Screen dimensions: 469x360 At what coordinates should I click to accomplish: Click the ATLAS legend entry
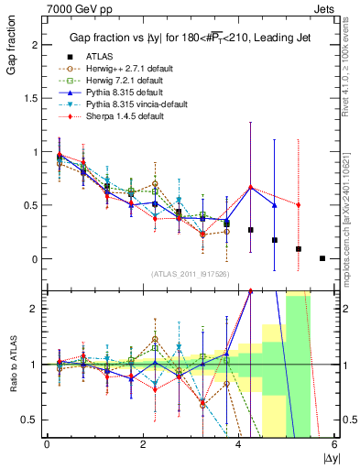point(101,55)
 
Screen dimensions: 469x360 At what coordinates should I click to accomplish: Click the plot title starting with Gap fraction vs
point(183,38)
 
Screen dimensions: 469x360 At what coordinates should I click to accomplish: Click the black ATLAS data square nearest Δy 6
point(322,258)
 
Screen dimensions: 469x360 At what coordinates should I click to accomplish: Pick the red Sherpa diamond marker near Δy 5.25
point(299,205)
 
